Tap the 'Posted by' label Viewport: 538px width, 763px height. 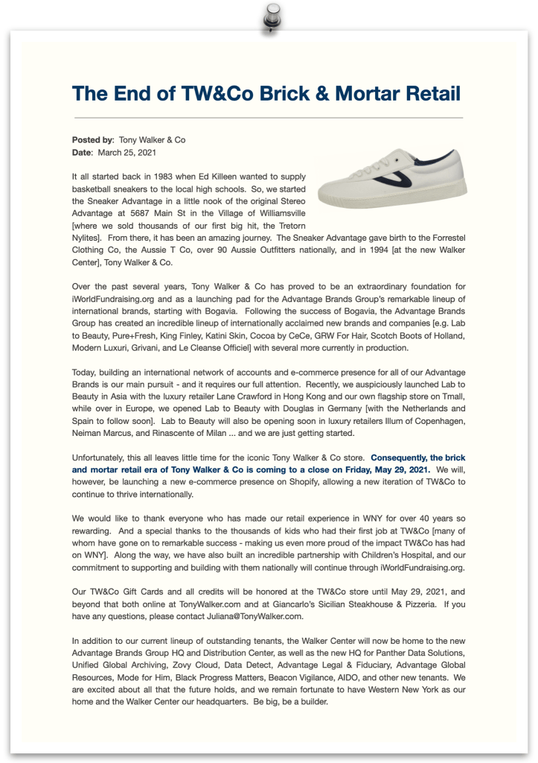click(92, 139)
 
